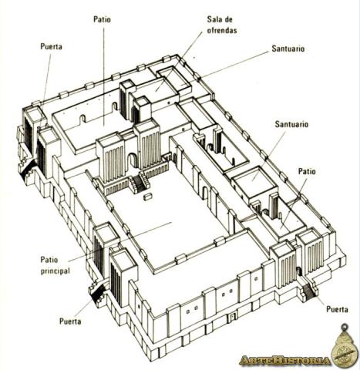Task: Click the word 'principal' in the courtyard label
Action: coord(55,271)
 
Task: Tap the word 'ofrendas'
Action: coord(222,31)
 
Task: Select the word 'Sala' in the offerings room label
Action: coord(214,19)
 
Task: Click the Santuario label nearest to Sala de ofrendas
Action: coord(288,49)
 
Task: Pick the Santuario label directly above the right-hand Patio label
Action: coord(291,124)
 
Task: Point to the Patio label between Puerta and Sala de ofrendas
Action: coord(102,19)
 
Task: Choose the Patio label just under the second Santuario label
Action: coord(307,171)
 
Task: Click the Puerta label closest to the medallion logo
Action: coord(337,309)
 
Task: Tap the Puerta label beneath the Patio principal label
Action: coord(70,321)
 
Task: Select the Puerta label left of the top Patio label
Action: coord(51,46)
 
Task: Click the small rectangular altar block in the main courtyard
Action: coord(148,197)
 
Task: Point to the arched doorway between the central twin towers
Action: coord(133,160)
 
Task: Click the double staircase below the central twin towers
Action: coord(140,182)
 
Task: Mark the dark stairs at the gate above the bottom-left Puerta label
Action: coord(98,293)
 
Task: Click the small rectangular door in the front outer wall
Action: coord(233,317)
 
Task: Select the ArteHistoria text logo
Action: coord(284,361)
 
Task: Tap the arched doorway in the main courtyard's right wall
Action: coord(206,193)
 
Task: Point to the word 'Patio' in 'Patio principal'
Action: coord(49,260)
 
